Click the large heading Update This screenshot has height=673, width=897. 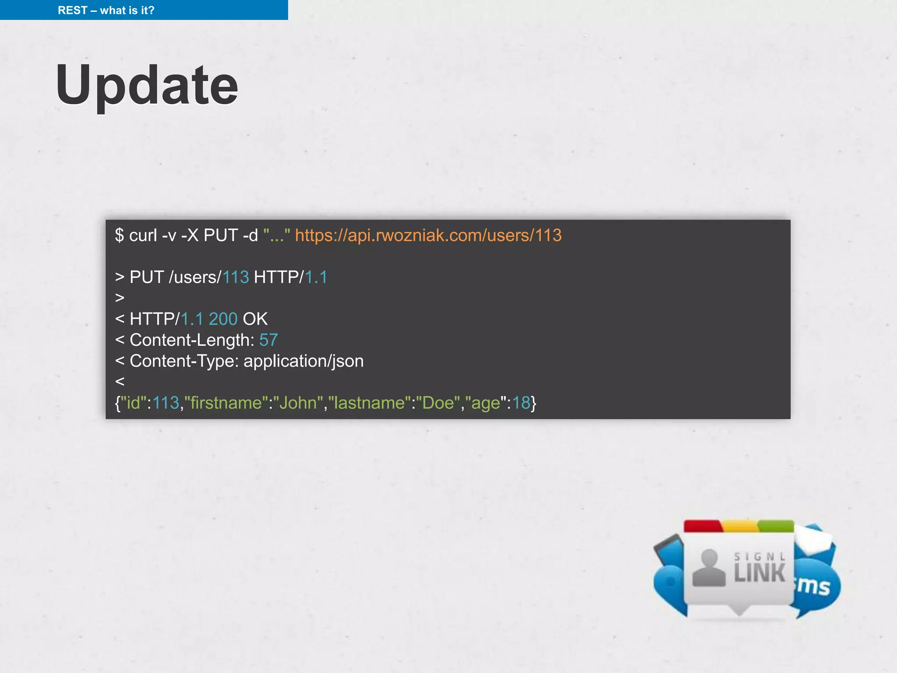147,85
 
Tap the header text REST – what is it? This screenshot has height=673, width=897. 106,10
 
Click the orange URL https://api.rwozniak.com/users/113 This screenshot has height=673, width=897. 428,235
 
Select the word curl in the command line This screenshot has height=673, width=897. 143,235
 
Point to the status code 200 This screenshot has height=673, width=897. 223,319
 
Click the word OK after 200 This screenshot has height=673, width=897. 255,319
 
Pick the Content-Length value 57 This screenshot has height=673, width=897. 268,340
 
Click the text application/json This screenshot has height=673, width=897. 303,361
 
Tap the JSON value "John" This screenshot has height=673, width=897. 298,403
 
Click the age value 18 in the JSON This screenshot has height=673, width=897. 521,403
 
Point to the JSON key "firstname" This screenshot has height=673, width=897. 226,403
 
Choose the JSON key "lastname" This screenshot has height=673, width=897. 369,403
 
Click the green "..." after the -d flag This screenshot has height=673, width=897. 276,235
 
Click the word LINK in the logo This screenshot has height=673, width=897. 759,573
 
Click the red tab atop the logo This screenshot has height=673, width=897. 703,526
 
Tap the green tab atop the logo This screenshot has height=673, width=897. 776,526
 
